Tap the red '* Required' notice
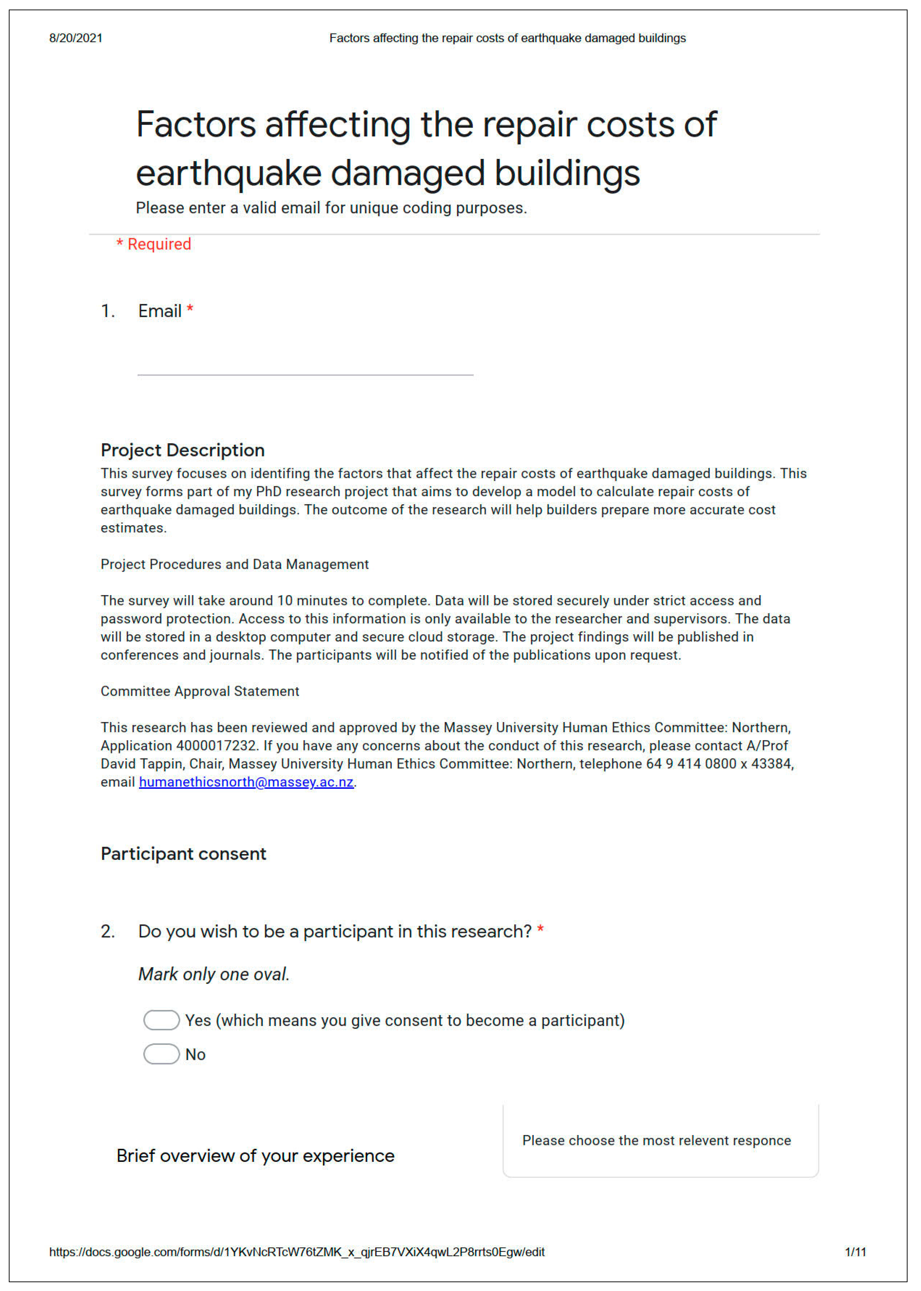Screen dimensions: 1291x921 pyautogui.click(x=154, y=244)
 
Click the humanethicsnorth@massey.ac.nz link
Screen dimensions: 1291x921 pyautogui.click(x=246, y=782)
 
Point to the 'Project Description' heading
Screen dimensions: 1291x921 pyautogui.click(x=183, y=450)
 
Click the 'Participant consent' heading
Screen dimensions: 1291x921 pyautogui.click(x=183, y=854)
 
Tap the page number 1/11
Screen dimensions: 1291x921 pyautogui.click(x=855, y=1252)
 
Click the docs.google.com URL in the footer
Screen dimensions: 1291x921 pyautogui.click(x=297, y=1252)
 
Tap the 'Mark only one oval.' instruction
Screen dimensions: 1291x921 pyautogui.click(x=214, y=974)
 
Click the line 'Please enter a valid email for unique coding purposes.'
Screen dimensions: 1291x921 pyautogui.click(x=331, y=208)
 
